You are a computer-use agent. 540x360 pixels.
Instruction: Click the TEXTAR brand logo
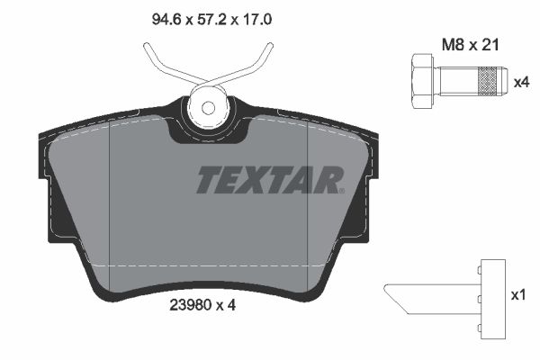pos(270,180)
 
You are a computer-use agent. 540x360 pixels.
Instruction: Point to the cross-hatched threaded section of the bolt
pos(487,81)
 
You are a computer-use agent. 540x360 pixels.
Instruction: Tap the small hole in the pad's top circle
pos(209,108)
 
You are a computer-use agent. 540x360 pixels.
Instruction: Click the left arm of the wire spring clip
pos(157,61)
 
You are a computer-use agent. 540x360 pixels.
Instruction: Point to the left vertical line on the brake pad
pos(109,198)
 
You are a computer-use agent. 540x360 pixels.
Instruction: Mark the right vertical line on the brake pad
pos(309,198)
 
